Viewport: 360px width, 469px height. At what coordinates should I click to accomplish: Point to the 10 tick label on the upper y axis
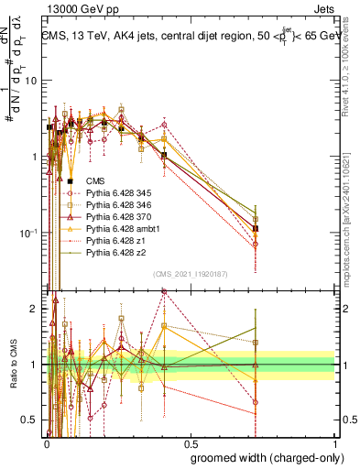click(x=30, y=81)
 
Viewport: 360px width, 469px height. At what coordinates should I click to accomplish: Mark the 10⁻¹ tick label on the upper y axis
click(x=27, y=233)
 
